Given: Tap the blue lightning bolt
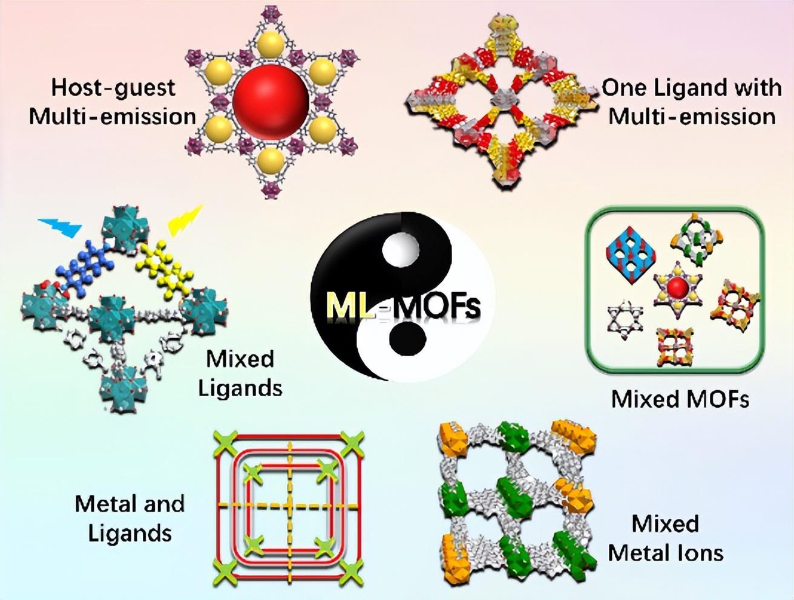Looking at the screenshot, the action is (x=61, y=228).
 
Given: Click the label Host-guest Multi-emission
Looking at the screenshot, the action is (x=113, y=102).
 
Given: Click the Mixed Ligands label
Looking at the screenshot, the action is (x=240, y=373).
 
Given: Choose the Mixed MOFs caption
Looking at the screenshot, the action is (x=680, y=399).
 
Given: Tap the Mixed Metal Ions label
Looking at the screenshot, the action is (x=666, y=538).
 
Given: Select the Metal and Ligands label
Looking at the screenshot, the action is (x=130, y=518).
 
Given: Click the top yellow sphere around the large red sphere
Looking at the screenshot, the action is (x=271, y=44).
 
